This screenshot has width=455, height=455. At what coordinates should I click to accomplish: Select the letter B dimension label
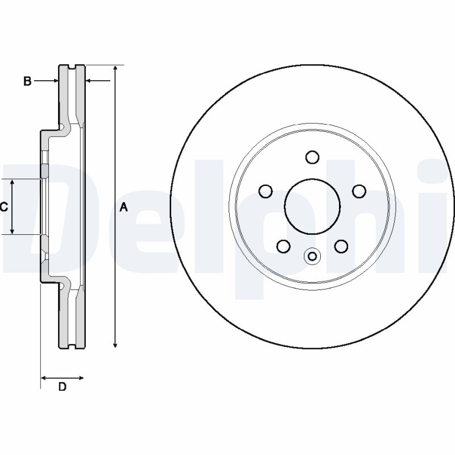coord(27,81)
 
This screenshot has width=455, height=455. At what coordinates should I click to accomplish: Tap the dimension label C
coord(4,207)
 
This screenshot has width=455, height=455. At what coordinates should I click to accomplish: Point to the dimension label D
coord(63,387)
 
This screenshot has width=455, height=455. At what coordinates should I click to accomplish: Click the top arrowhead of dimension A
coord(115,68)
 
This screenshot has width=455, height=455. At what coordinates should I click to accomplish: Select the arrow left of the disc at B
coord(55,81)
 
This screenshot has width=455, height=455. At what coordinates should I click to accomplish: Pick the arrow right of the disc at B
coord(89,81)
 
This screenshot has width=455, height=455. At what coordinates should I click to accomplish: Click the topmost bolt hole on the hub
coord(312,157)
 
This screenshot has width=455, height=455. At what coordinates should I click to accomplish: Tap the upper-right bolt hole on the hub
coord(358,191)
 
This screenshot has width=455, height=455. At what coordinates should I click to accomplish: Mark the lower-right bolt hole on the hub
coord(341,246)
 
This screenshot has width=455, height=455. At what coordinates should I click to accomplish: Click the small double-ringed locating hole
coord(312,257)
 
